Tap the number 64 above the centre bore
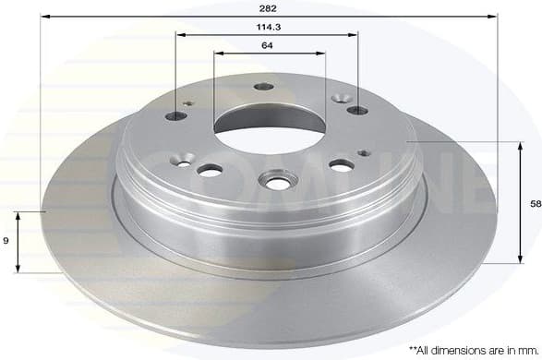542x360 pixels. pos(267,45)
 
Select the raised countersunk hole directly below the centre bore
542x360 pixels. pos(276,178)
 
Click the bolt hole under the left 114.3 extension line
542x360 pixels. pos(176,117)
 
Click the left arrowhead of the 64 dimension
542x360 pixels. pos(216,53)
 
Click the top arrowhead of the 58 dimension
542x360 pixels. pos(513,145)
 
